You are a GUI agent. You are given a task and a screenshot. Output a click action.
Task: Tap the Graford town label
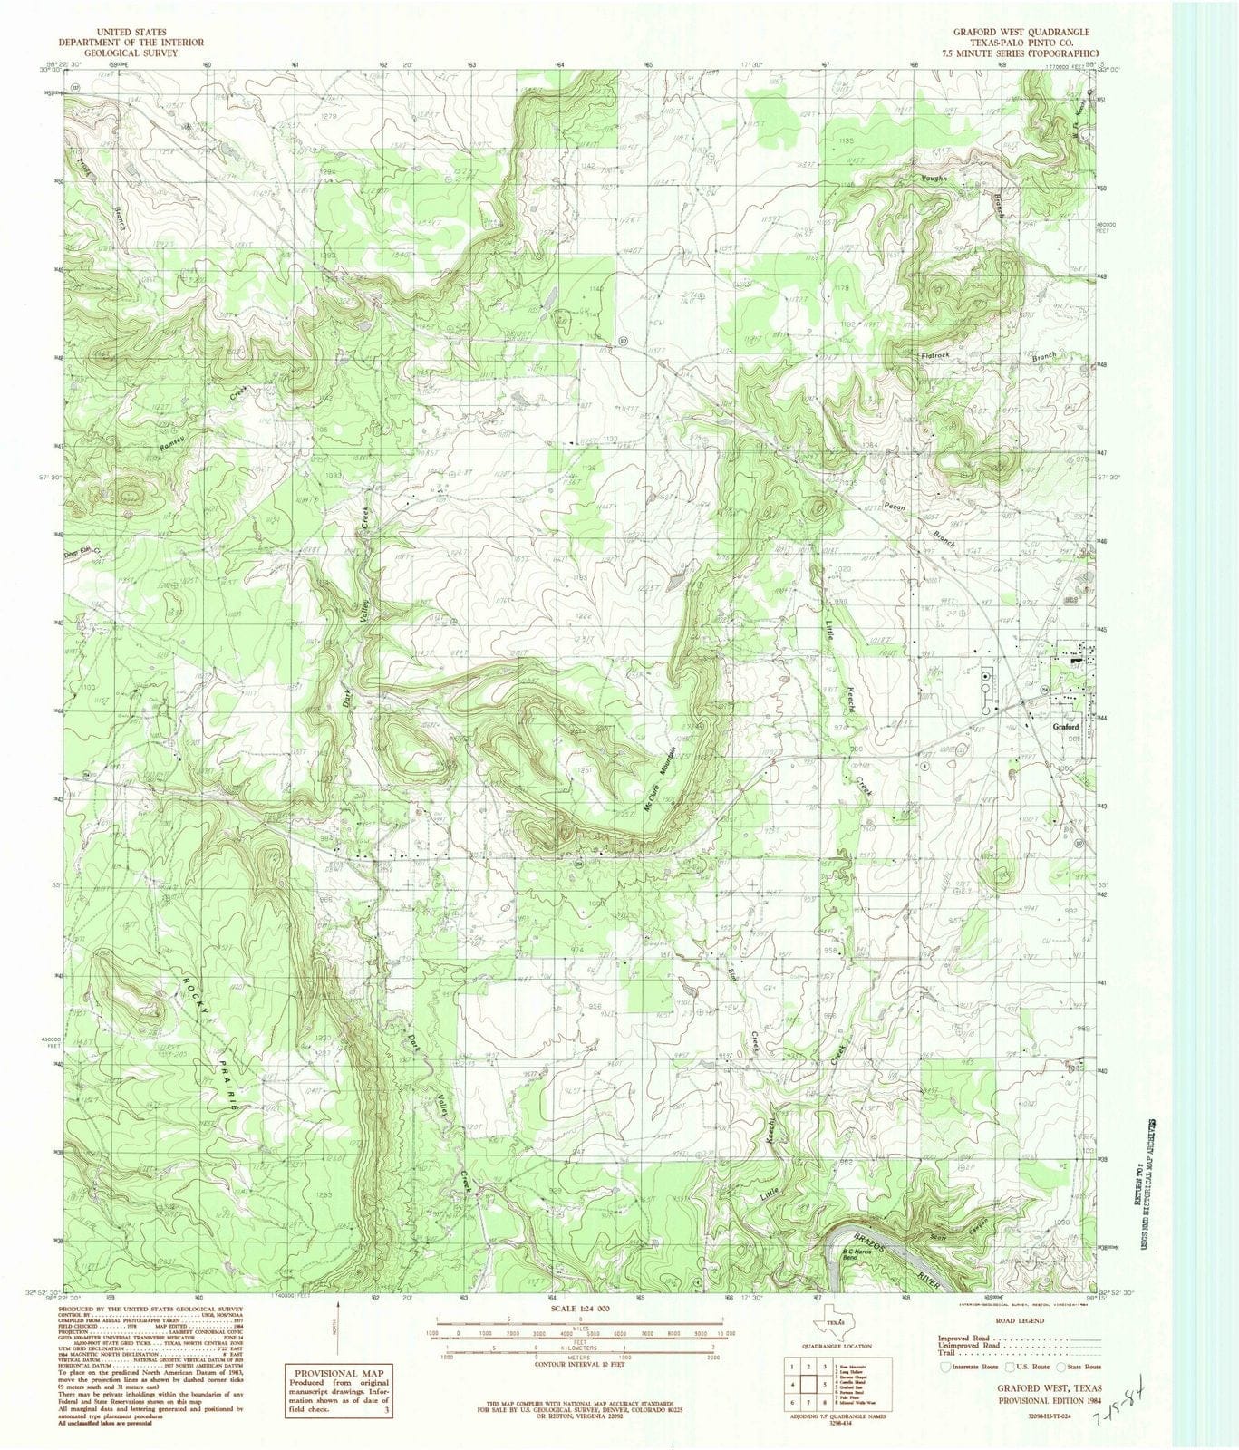click(1066, 727)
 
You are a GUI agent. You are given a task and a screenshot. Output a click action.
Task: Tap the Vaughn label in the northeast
click(934, 179)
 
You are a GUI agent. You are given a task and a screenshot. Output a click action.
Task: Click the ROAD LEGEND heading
click(1020, 1322)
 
